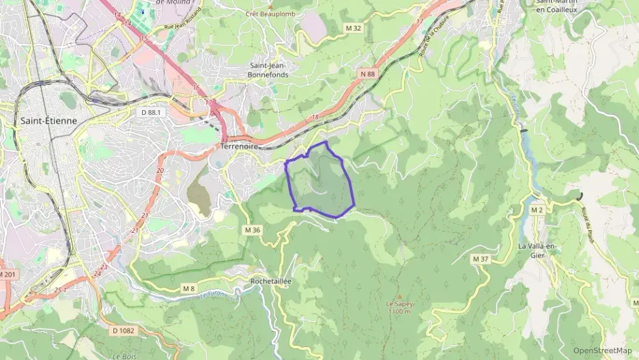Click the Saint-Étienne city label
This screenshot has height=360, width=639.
[48, 120]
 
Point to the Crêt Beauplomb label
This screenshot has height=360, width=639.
[271, 13]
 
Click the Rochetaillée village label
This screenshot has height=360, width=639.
[271, 281]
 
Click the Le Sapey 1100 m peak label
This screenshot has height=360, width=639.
[399, 307]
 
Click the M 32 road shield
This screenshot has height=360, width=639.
[353, 28]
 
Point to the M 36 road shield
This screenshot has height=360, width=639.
[252, 230]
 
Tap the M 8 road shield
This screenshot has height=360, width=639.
[188, 289]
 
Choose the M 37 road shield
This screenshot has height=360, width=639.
[481, 259]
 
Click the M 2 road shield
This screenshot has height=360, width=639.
[537, 210]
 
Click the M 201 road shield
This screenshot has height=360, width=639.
[6, 274]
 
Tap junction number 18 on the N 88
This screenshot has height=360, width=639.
[315, 117]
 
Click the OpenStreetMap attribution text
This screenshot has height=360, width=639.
[603, 350]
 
